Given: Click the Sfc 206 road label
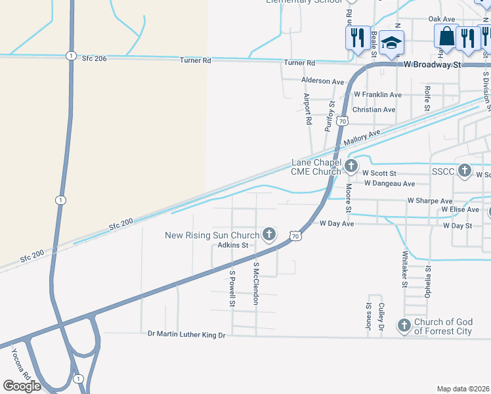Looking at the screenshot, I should point(95,58).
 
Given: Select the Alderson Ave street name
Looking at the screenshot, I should point(322,81).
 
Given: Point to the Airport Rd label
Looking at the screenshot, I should point(307,108).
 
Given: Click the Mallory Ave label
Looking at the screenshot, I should point(362,139).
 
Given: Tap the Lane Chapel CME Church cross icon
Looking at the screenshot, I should point(351,165).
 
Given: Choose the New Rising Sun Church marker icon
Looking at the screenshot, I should point(268,234).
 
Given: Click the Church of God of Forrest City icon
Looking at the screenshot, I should point(403,324).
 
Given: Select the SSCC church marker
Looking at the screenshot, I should point(465,171).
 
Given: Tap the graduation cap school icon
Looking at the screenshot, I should point(391,42).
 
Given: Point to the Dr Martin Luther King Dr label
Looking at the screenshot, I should point(186,335).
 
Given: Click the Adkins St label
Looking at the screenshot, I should point(232,246).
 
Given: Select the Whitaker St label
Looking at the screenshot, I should point(405,269).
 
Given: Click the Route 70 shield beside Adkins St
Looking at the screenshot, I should point(294,234).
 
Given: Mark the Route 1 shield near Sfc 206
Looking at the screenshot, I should point(70,56).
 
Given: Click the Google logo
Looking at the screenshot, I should point(22,386).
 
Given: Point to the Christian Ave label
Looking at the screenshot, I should point(374,110).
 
